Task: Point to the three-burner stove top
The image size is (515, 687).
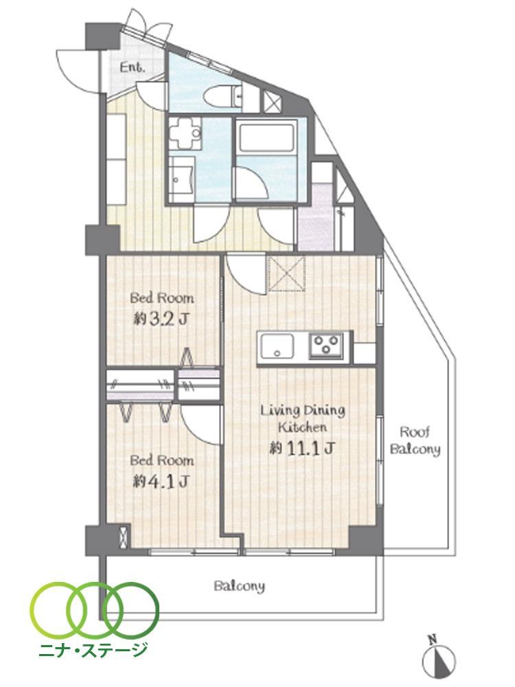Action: (x=325, y=345)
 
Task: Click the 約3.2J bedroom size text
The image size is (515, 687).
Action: (x=161, y=319)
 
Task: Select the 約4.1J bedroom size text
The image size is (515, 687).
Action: (x=161, y=482)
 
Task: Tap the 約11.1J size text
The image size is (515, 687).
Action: (x=303, y=448)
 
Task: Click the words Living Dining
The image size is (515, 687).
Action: (x=303, y=411)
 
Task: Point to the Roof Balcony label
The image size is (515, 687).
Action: (x=415, y=440)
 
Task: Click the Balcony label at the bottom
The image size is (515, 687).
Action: (x=240, y=586)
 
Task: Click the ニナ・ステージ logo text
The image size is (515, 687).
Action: (x=93, y=649)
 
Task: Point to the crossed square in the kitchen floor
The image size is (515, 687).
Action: (x=287, y=274)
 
